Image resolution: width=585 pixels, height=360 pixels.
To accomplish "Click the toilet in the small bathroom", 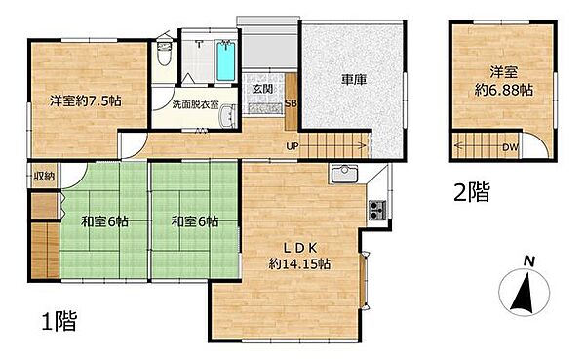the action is [164, 55].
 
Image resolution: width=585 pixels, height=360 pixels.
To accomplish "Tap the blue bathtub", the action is [226, 61].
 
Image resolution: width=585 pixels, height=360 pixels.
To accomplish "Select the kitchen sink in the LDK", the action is [344, 175].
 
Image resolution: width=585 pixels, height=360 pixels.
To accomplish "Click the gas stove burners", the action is [377, 211].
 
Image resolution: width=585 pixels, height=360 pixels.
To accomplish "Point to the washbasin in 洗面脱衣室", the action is [226, 116].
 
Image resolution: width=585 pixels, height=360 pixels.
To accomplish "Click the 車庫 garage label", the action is [354, 79].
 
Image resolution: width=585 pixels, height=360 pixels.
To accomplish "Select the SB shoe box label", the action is [291, 103].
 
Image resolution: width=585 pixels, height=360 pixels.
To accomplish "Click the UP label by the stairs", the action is [292, 146].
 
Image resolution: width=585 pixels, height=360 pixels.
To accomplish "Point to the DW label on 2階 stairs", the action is [510, 147].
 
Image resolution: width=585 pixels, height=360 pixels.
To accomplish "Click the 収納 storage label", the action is [45, 176].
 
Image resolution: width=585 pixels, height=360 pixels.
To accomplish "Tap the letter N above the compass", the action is [529, 261].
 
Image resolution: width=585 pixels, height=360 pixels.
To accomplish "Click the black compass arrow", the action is [523, 293].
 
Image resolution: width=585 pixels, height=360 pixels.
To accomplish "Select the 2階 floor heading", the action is [472, 191].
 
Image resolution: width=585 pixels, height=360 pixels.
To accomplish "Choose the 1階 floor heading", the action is [58, 320].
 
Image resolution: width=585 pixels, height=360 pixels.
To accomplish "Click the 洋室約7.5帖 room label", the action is [86, 100].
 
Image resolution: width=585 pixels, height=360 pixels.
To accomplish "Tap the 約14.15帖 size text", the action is [299, 264].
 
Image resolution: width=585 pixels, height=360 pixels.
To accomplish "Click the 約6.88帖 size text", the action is [504, 90].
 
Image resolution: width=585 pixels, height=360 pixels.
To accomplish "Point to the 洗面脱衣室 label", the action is [195, 105].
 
